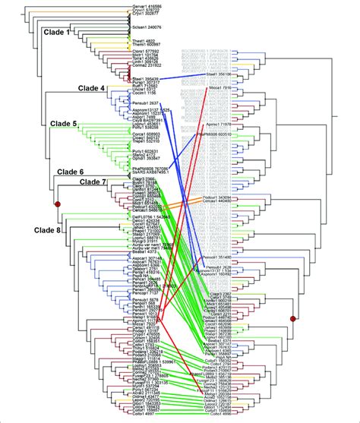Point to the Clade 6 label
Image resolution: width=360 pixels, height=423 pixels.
point(71,172)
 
